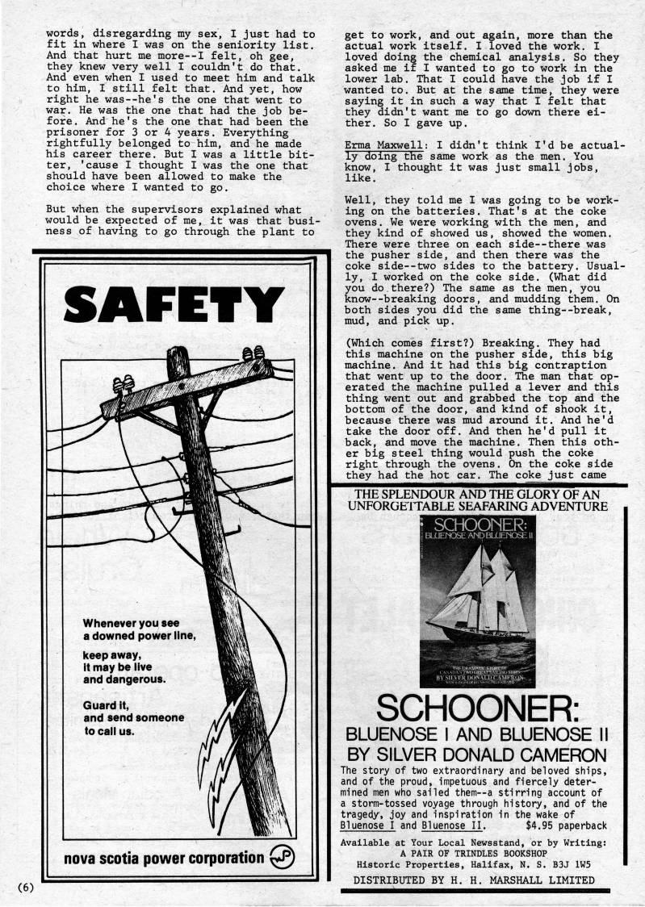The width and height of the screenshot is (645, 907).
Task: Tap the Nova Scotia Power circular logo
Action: tap(283, 857)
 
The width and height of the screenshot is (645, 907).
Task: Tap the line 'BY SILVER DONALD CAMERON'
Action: tap(476, 755)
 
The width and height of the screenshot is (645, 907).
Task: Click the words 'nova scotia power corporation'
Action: tap(166, 858)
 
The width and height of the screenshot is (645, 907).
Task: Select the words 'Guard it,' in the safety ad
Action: tap(107, 704)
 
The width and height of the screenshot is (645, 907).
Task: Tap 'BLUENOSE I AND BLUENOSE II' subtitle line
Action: tap(476, 734)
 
